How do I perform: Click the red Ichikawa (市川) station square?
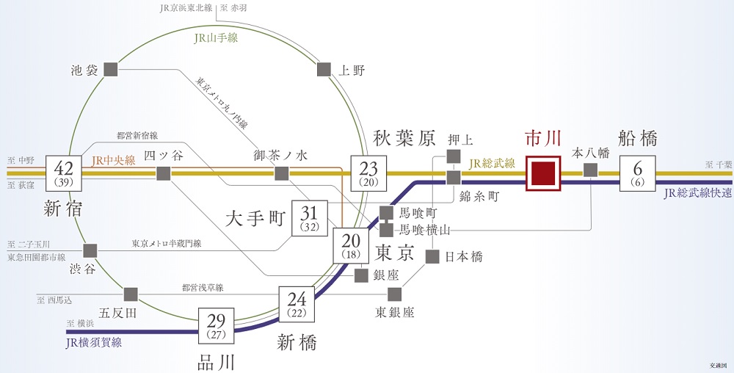point(543,173)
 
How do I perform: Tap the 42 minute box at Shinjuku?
point(64,173)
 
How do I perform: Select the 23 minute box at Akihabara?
point(369,173)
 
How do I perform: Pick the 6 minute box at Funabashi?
point(638,173)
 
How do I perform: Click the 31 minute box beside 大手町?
point(310,219)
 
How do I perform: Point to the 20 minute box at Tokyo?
point(351,246)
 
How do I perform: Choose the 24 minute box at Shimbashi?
point(297,304)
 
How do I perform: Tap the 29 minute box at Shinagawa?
point(216,326)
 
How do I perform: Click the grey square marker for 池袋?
point(111,69)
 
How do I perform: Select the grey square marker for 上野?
point(324,69)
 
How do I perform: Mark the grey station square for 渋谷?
point(90,251)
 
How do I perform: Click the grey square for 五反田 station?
point(131,294)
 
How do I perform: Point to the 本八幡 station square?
point(591,170)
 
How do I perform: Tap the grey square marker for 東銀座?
point(395,294)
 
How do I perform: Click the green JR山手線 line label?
point(216,38)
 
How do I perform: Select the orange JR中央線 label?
point(113,161)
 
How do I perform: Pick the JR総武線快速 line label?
point(697,193)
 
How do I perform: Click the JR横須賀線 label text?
point(94,343)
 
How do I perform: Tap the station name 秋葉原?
point(404,139)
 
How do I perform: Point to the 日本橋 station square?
point(432,256)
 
